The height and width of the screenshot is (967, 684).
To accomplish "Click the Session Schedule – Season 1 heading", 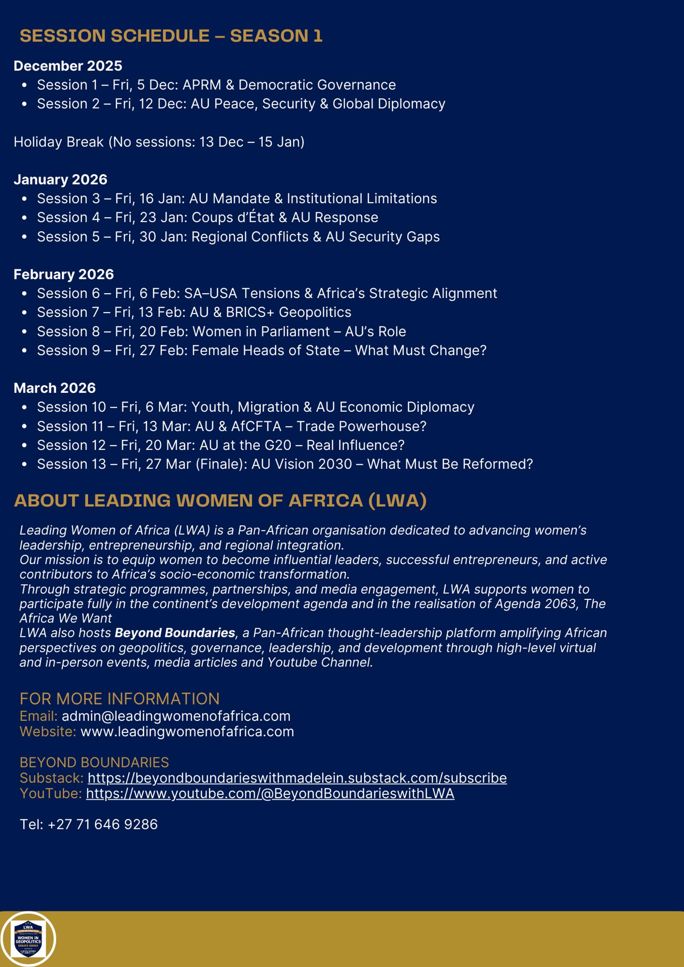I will (x=171, y=36).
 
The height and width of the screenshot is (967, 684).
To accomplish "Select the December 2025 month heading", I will (x=68, y=66).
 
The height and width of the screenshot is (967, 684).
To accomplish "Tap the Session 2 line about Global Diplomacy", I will (x=241, y=104).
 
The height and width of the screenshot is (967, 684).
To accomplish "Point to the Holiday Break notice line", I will (x=159, y=142).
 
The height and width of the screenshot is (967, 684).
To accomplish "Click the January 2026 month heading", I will (x=60, y=180).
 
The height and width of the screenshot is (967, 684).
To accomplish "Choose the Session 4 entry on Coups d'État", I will (x=207, y=218).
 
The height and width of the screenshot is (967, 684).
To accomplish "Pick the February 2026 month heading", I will (x=64, y=274).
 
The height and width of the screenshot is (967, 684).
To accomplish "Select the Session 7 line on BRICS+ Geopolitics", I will (x=194, y=313).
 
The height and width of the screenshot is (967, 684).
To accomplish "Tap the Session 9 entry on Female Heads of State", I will (x=262, y=351).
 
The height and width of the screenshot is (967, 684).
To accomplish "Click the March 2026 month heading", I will (x=55, y=388).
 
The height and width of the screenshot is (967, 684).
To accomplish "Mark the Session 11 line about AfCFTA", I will (x=231, y=426).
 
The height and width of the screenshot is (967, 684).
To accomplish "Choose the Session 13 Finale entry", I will (x=285, y=464).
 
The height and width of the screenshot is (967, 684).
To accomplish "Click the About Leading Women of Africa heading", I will (x=220, y=501).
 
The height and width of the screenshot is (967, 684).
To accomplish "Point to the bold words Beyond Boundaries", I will (x=175, y=633).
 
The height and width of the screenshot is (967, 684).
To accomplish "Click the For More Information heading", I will (x=120, y=699).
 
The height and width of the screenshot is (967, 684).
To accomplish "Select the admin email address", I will (x=176, y=716).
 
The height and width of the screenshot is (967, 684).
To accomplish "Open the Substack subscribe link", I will (x=297, y=778).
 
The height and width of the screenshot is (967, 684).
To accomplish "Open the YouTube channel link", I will (x=270, y=793).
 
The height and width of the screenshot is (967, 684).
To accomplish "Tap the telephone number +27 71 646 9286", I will (x=103, y=824).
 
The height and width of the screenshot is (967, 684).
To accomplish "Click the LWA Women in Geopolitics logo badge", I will (x=28, y=939).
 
